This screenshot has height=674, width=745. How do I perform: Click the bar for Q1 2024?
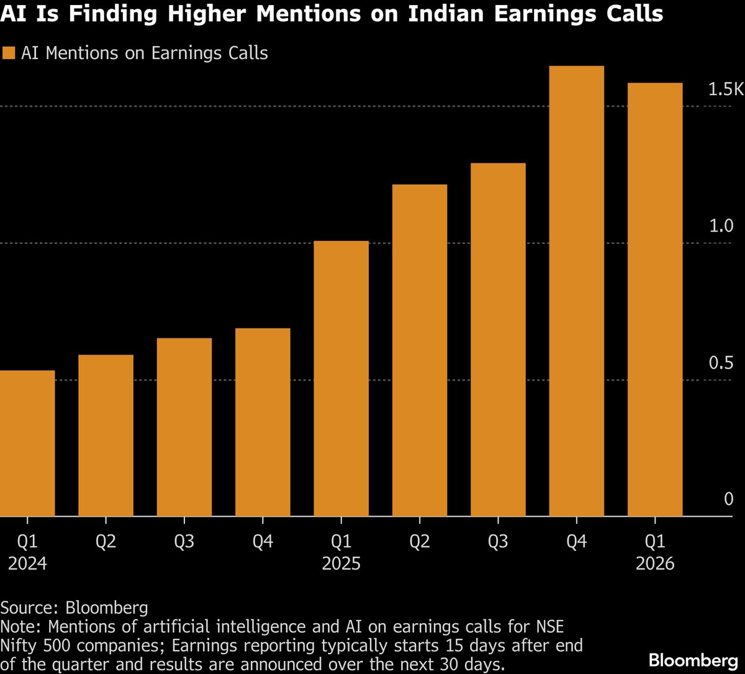[27, 443]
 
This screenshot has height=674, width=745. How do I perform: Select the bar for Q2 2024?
[106, 435]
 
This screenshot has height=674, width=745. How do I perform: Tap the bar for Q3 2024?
[184, 427]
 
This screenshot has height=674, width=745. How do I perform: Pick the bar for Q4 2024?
[263, 422]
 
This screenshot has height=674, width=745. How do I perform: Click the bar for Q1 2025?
[341, 379]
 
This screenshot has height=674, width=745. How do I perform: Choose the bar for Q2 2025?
[420, 350]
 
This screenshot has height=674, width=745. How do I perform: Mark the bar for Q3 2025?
[498, 339]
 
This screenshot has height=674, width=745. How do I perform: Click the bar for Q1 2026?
[655, 299]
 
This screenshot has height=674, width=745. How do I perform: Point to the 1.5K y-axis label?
[725, 90]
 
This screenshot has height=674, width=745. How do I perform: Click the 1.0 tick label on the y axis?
[721, 227]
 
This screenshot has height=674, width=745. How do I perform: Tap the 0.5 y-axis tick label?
[721, 363]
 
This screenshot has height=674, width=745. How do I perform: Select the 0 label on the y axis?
[728, 500]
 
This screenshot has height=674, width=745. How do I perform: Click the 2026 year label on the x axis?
[655, 564]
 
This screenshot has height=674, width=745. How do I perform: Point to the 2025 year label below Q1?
[341, 564]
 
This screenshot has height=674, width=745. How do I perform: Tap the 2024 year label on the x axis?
[27, 564]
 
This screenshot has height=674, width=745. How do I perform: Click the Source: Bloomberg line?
[74, 606]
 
